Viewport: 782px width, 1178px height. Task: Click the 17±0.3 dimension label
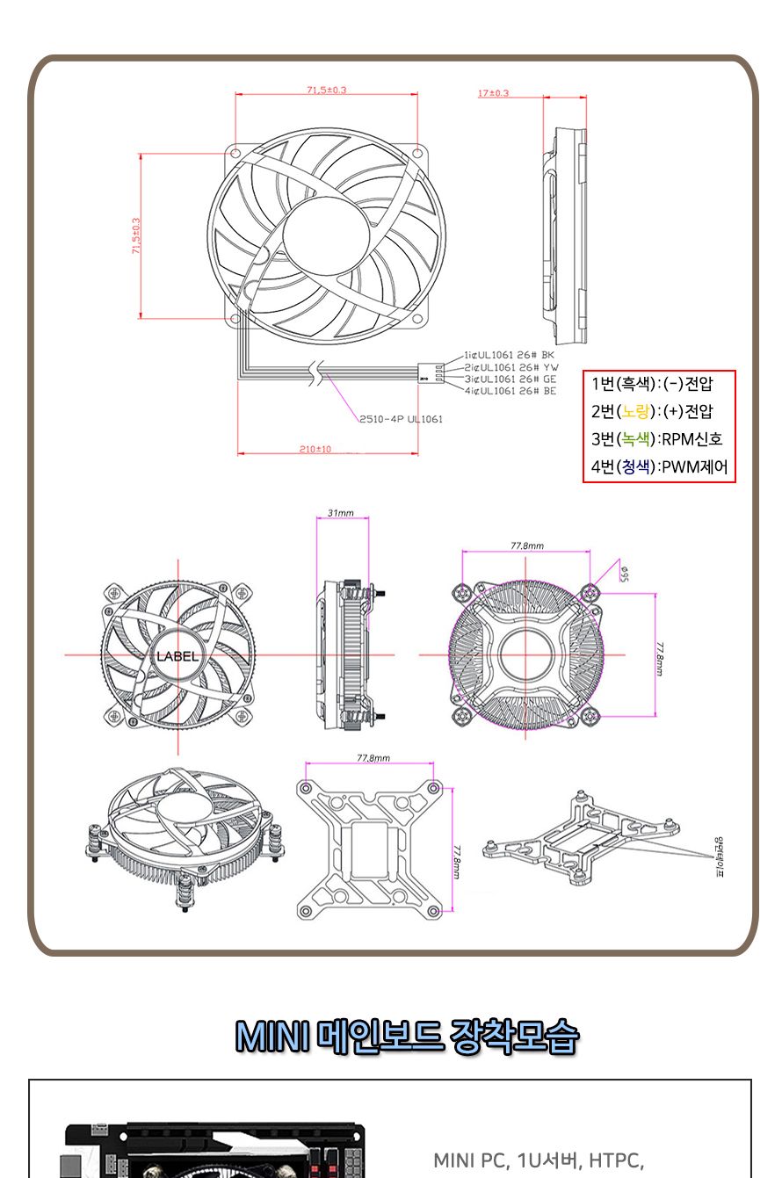pyautogui.click(x=493, y=93)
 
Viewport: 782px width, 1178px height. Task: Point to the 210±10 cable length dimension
pyautogui.click(x=315, y=449)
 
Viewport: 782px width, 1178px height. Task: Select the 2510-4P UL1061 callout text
pyautogui.click(x=401, y=419)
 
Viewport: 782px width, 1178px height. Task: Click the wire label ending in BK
pyautogui.click(x=510, y=356)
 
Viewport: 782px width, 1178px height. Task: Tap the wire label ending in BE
pyautogui.click(x=510, y=390)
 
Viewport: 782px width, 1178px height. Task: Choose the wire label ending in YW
pyautogui.click(x=510, y=367)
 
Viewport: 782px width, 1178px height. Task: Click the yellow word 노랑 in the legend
pyautogui.click(x=638, y=410)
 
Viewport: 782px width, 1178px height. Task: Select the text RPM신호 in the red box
pyautogui.click(x=692, y=438)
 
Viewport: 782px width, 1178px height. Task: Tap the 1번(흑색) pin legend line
pyautogui.click(x=652, y=383)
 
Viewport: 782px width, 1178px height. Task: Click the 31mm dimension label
pyautogui.click(x=340, y=512)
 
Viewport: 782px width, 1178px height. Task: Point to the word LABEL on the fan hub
pyautogui.click(x=177, y=656)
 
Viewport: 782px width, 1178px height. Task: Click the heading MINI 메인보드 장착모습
pyautogui.click(x=407, y=1037)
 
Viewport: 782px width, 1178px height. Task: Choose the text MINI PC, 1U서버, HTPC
pyautogui.click(x=539, y=1160)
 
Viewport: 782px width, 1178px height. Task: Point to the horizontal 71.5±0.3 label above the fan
pyautogui.click(x=326, y=90)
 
